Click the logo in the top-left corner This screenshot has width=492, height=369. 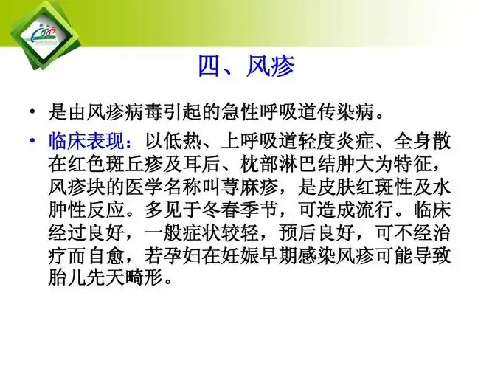pos(38,33)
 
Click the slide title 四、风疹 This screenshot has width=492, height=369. pos(246,67)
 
